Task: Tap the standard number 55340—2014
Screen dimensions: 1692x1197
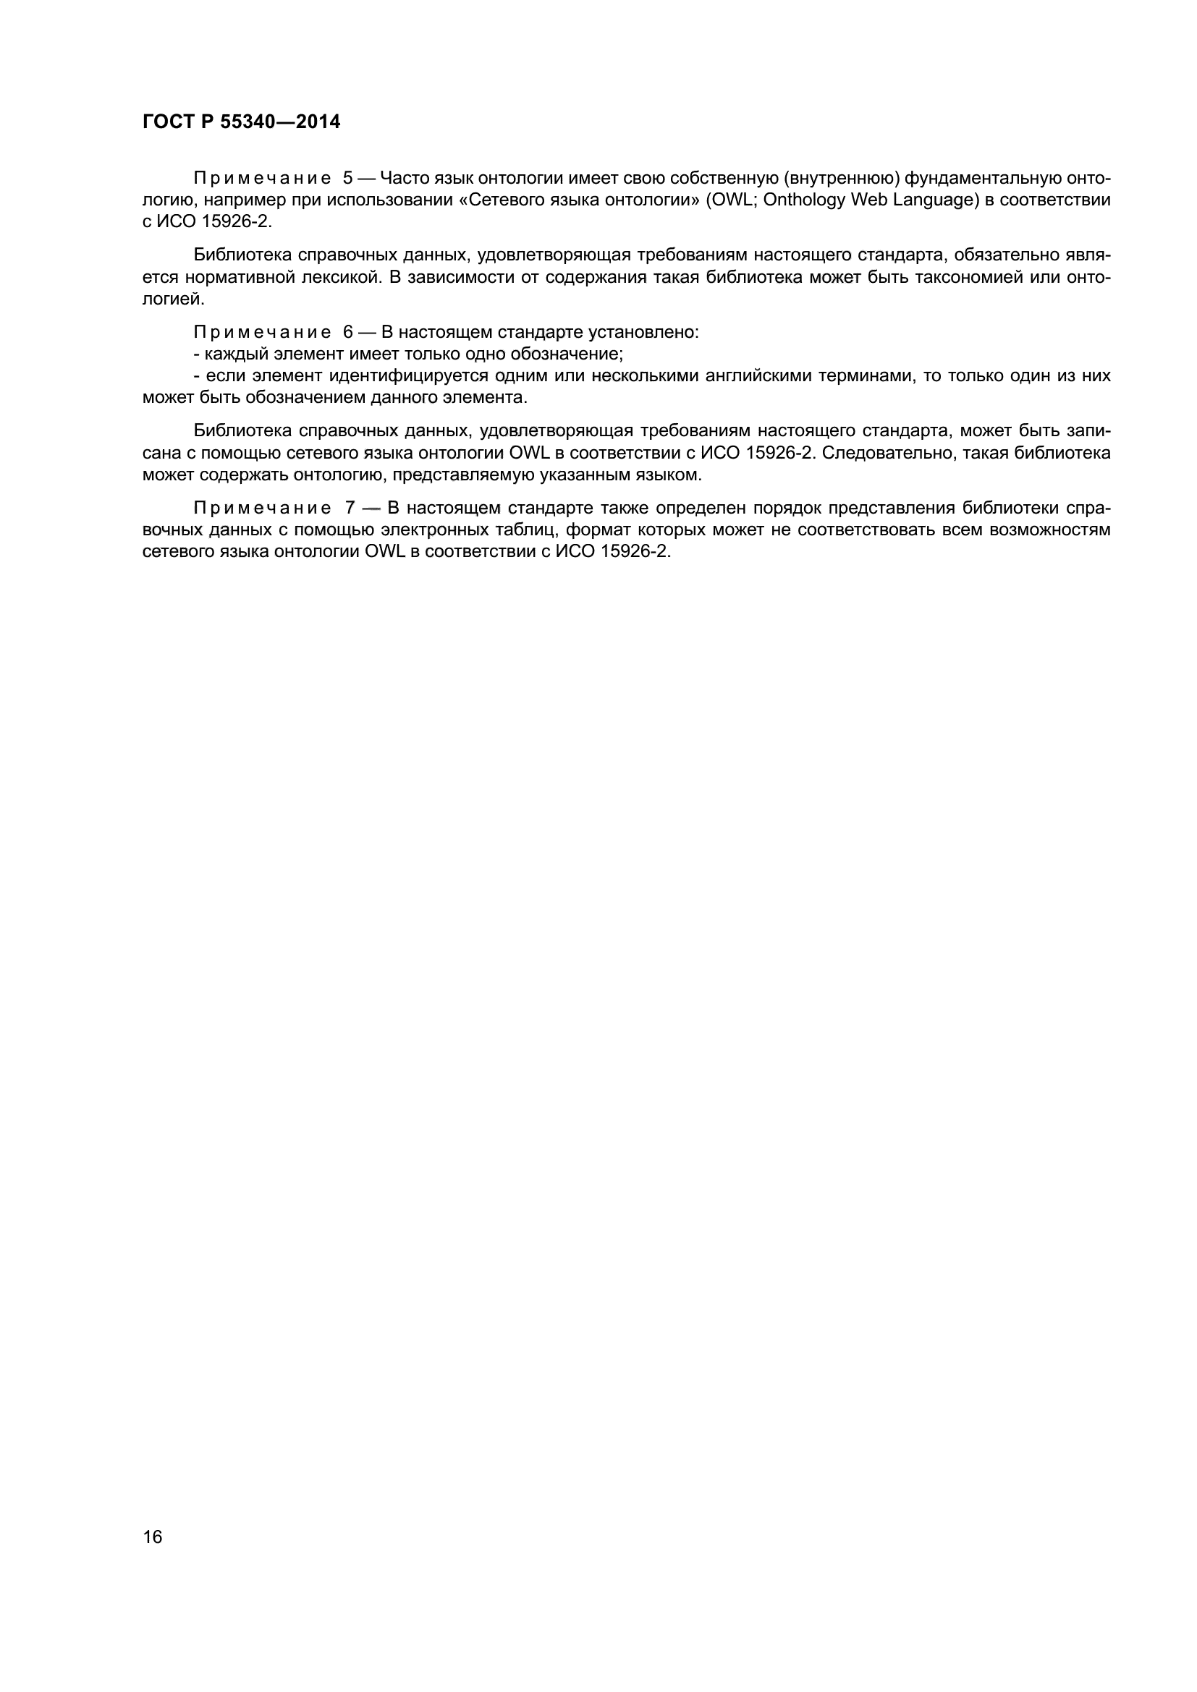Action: pos(281,122)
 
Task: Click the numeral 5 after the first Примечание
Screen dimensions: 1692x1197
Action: pos(348,179)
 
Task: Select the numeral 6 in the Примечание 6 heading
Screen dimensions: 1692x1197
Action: pos(348,331)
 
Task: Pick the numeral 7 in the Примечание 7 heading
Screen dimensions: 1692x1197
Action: pos(349,508)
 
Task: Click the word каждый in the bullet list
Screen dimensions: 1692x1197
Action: pos(229,354)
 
